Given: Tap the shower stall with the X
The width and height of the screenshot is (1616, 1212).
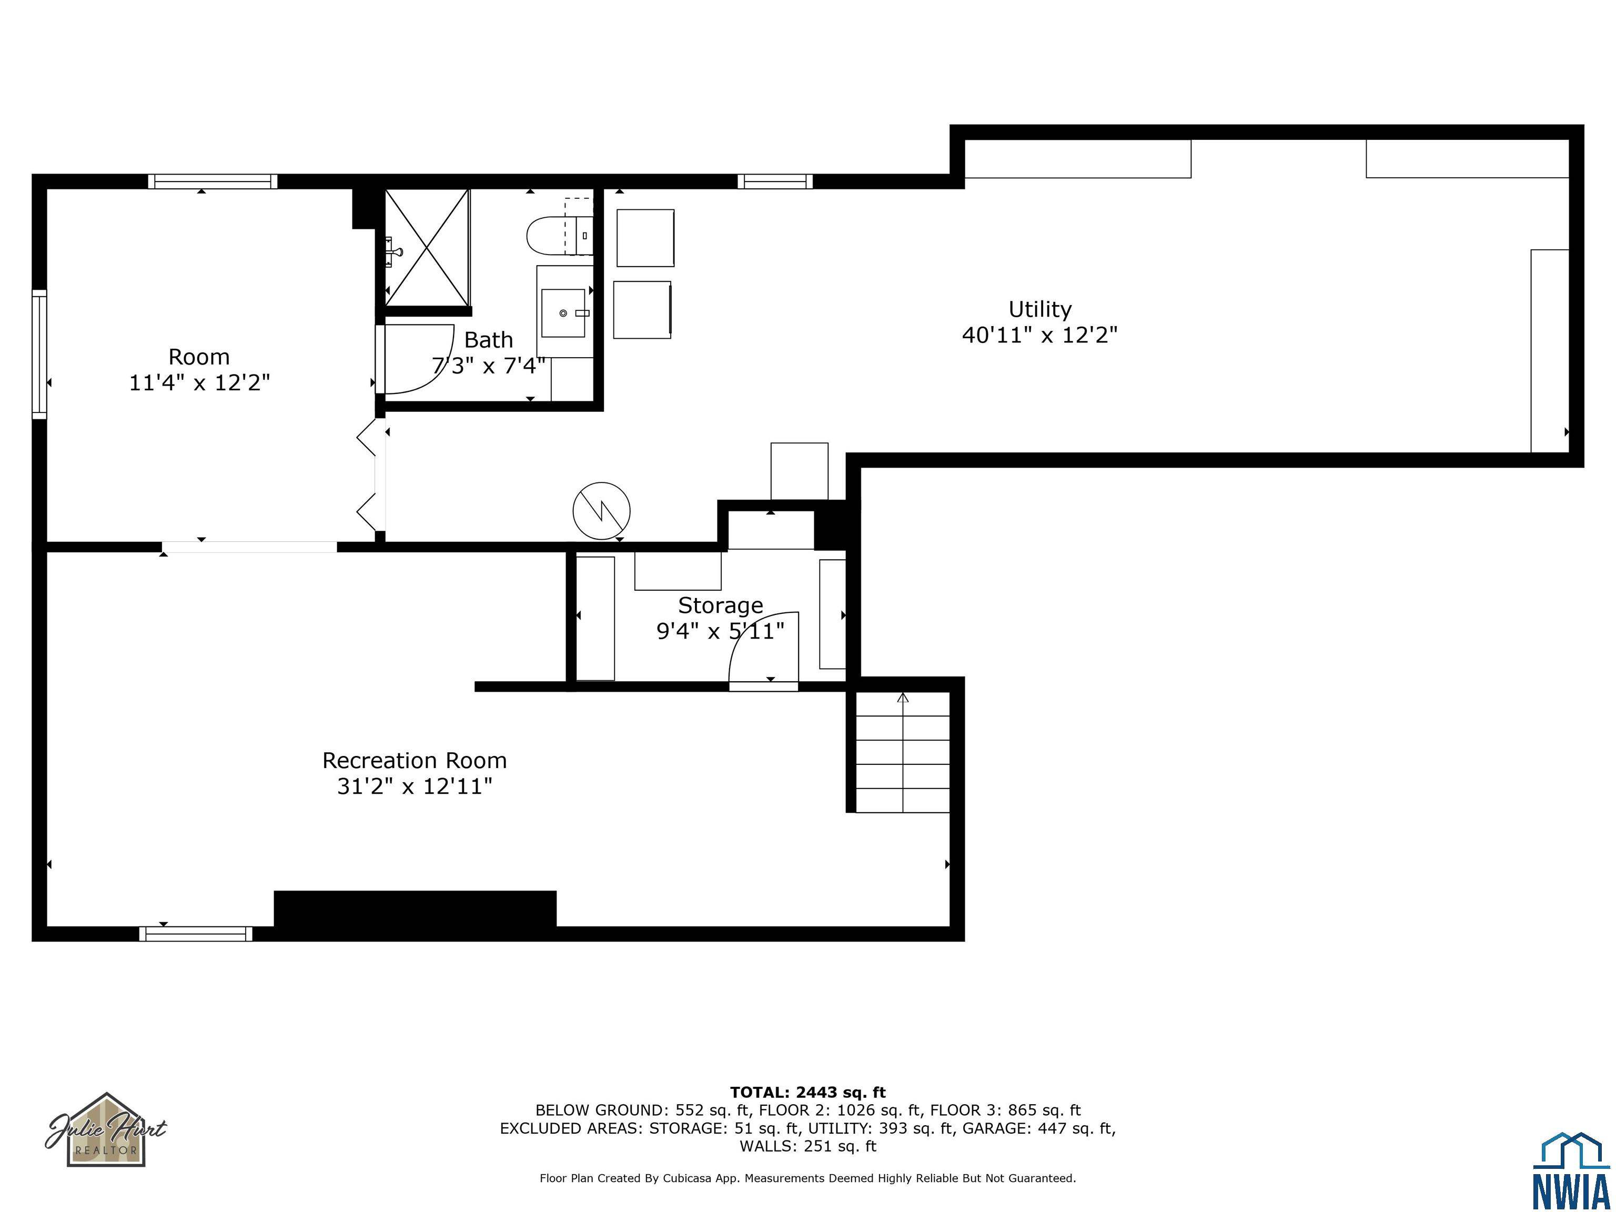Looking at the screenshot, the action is click(427, 247).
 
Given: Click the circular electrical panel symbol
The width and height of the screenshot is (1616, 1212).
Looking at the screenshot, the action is click(601, 511).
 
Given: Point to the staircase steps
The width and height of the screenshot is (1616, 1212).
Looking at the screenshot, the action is click(903, 752).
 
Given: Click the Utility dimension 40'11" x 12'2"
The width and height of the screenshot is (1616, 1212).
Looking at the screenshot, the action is click(1039, 335).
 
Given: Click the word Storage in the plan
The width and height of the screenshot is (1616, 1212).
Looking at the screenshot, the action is click(720, 605).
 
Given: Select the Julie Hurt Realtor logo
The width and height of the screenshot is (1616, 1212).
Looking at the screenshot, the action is click(107, 1129).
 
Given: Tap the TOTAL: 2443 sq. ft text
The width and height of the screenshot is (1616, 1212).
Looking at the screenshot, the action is click(807, 1092).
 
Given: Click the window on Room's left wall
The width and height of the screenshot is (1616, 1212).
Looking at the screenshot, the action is click(39, 355).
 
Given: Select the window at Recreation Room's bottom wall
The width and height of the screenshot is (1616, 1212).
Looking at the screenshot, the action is click(196, 934).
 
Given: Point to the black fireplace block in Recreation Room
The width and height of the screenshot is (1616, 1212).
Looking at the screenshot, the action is click(415, 910).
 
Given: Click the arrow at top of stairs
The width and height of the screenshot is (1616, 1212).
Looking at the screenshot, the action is click(903, 697).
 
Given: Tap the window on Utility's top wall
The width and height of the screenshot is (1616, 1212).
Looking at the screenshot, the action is click(775, 181).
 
